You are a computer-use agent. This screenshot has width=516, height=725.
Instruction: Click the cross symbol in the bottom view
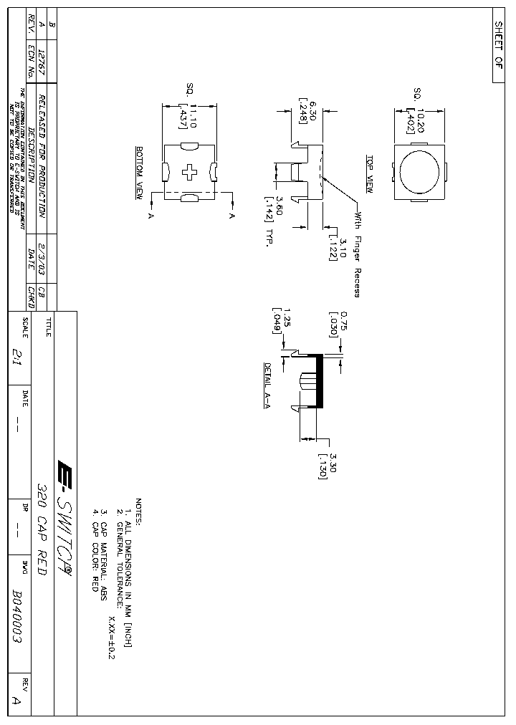(190, 172)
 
